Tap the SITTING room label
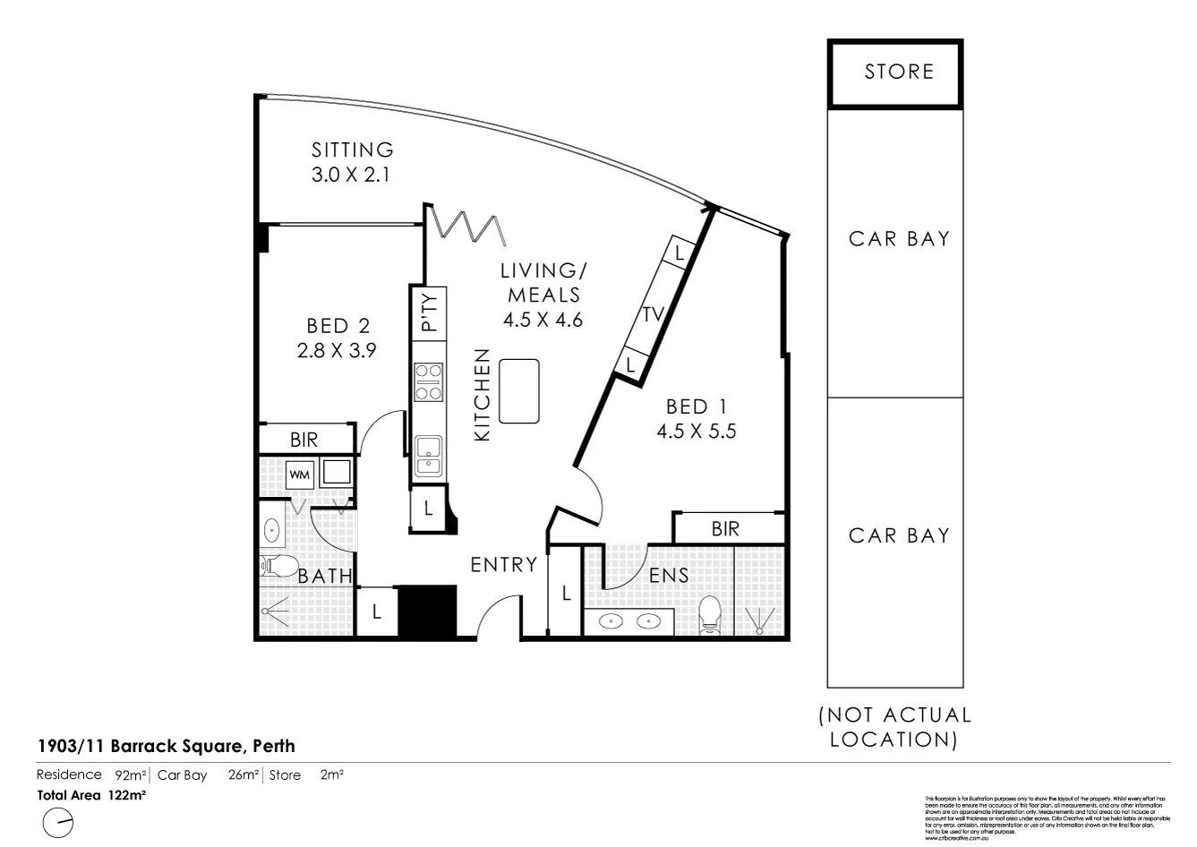point(352,150)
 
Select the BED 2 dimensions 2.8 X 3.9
point(336,351)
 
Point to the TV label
point(654,314)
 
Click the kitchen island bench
point(519,390)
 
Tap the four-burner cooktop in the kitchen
point(429,381)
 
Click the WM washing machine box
point(300,475)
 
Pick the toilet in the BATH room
point(278,566)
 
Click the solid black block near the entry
point(427,610)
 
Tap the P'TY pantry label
point(430,312)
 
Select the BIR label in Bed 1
point(725,529)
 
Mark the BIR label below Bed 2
point(304,440)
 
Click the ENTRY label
point(503,565)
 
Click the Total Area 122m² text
point(90,793)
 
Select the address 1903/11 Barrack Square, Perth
point(166,745)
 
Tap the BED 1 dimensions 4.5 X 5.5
point(697,431)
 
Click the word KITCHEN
point(483,395)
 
